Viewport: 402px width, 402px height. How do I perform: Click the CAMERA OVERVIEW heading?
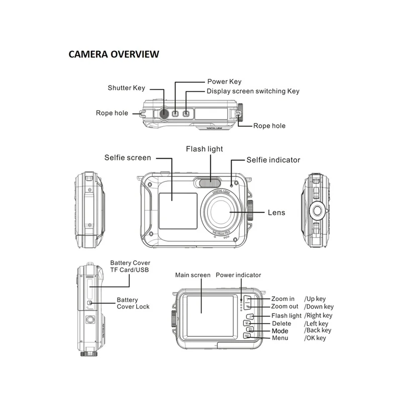click(x=114, y=54)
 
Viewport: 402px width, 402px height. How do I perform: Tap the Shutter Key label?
click(x=126, y=88)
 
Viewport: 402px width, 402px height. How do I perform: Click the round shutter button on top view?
click(x=164, y=113)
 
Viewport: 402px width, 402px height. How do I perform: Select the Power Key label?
click(x=225, y=81)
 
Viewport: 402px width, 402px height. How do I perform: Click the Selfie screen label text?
click(x=128, y=158)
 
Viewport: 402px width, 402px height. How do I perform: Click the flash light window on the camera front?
click(x=208, y=182)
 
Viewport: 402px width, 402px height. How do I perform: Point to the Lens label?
click(x=276, y=213)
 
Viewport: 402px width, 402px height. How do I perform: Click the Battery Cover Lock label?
click(x=133, y=303)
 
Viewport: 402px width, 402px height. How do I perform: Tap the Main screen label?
click(x=192, y=275)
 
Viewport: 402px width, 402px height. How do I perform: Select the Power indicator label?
click(x=239, y=275)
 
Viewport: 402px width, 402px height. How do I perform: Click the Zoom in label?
click(x=283, y=299)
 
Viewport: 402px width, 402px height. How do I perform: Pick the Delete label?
click(x=281, y=324)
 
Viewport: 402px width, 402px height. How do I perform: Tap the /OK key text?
click(x=315, y=338)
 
